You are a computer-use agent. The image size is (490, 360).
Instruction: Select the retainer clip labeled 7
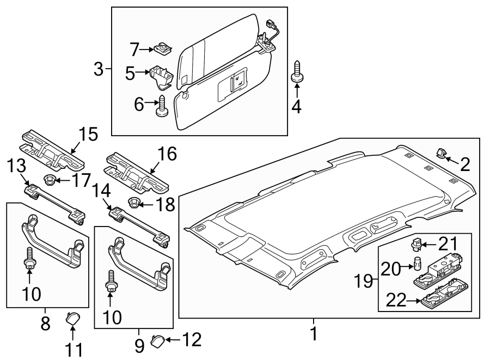point(162,50)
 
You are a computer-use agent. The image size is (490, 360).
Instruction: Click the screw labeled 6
point(162,106)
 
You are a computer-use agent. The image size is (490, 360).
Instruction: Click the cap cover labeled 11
point(72,317)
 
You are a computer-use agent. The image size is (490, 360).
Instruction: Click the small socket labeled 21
point(417,243)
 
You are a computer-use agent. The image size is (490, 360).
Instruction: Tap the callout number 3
point(99,69)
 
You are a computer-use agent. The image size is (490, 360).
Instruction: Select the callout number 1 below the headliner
point(314,333)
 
